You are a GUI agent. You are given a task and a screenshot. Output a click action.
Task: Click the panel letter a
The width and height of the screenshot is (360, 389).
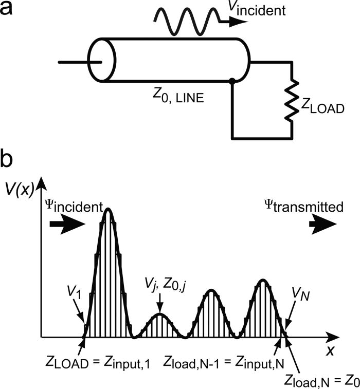[9, 10]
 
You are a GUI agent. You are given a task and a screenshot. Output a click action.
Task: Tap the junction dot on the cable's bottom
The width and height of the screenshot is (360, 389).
[232, 81]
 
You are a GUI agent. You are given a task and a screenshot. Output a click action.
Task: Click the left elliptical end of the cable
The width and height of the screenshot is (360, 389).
[100, 60]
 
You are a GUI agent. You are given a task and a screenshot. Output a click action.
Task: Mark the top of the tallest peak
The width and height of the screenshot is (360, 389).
[108, 209]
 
